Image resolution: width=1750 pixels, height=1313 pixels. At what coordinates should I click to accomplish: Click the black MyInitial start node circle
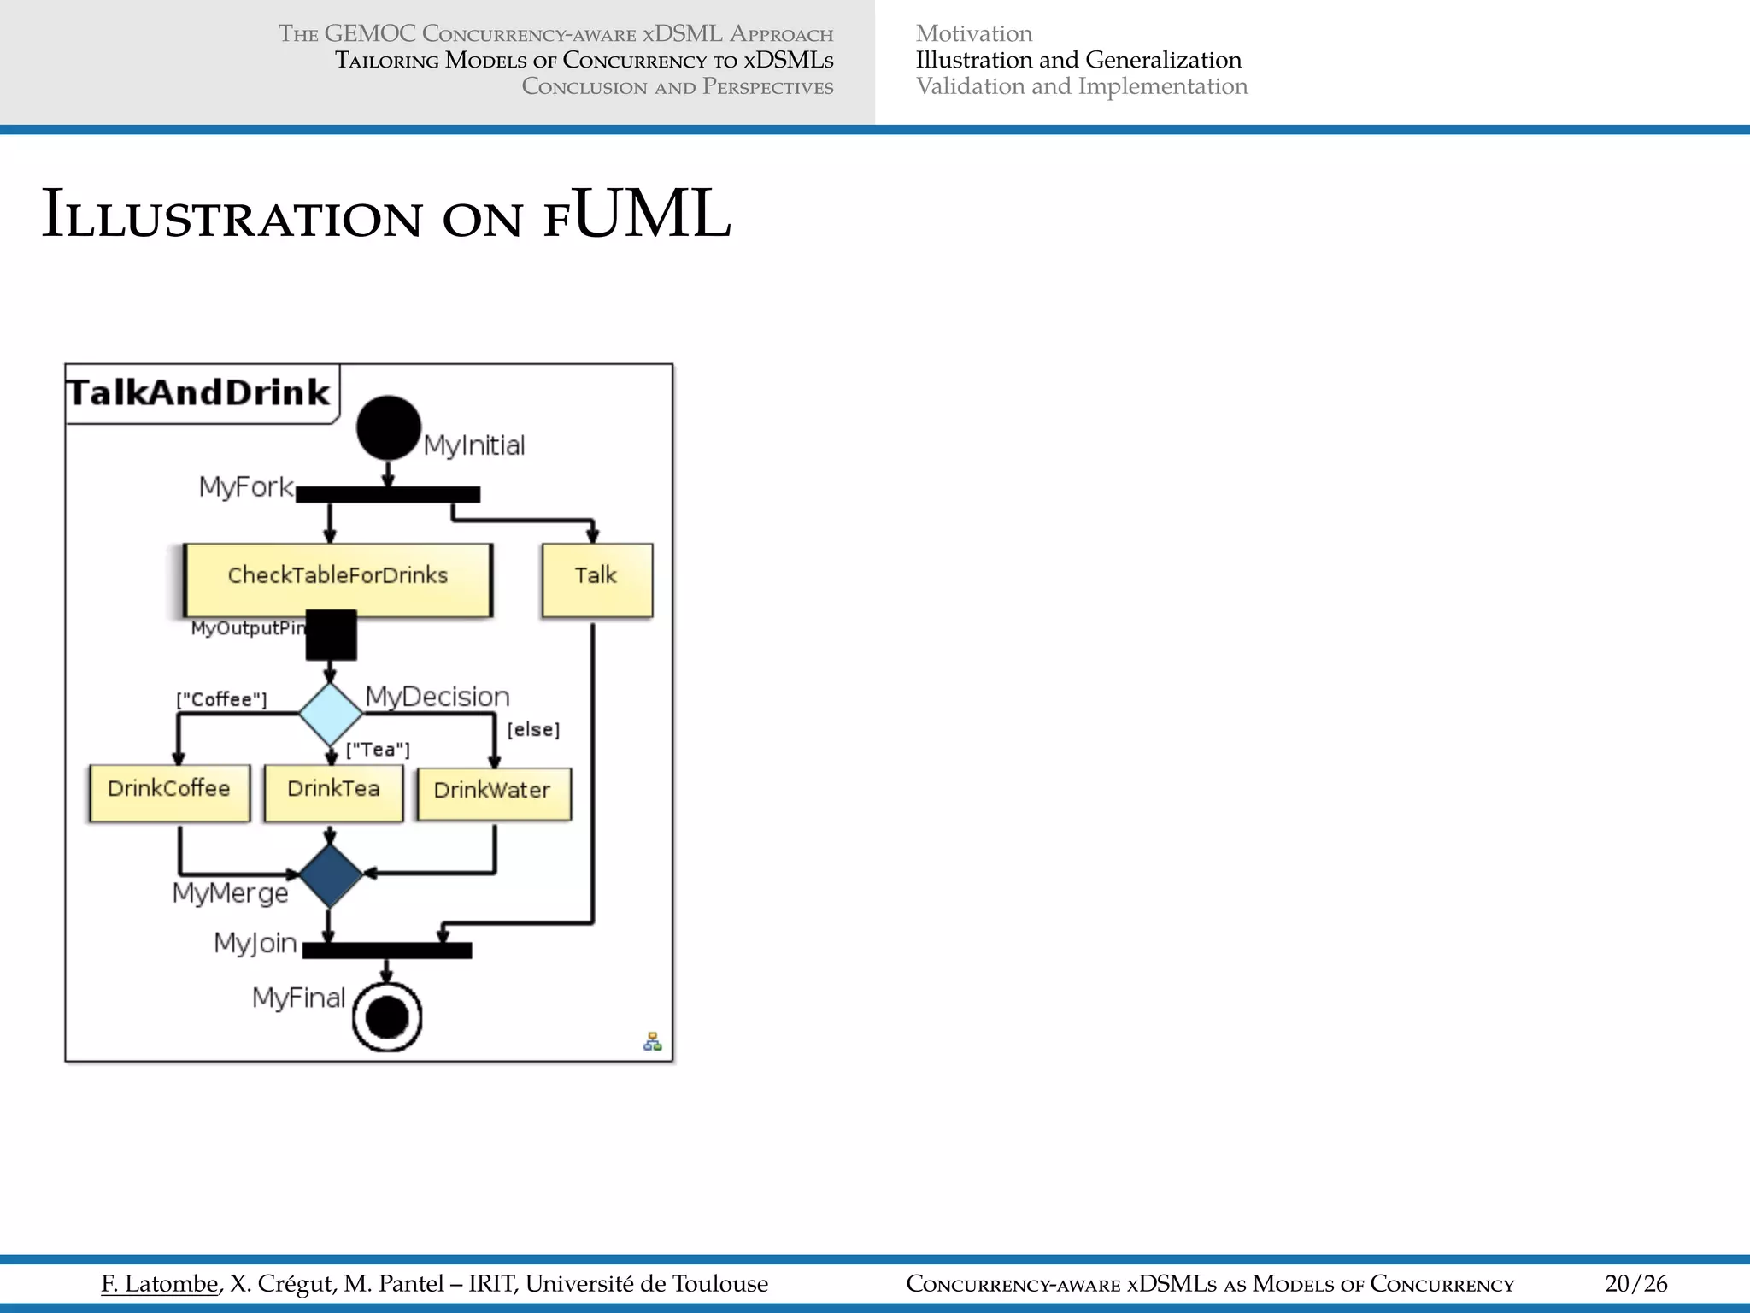[x=389, y=427]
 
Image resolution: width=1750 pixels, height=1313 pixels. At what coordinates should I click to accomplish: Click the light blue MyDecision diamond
[x=331, y=713]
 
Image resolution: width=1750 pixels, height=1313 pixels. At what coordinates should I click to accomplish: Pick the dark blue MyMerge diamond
[x=331, y=875]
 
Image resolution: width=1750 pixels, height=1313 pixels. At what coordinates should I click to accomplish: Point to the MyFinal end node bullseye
[x=387, y=1016]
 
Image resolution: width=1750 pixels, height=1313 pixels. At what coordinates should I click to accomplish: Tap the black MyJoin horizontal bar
[x=387, y=951]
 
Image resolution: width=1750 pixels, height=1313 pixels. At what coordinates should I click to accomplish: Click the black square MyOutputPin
[x=331, y=634]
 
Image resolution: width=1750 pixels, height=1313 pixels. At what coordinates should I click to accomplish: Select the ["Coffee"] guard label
[x=221, y=699]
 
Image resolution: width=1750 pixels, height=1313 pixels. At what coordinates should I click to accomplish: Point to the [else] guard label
[x=533, y=729]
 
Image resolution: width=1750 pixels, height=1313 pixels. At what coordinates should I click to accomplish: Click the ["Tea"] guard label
[x=378, y=750]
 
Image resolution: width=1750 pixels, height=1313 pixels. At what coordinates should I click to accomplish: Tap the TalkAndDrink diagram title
[x=198, y=392]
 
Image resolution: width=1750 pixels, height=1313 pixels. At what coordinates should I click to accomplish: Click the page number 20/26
[x=1635, y=1283]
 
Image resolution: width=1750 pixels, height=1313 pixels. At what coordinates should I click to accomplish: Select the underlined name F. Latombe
[x=159, y=1283]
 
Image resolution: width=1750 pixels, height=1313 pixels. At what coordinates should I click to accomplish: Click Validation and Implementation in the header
[x=1081, y=86]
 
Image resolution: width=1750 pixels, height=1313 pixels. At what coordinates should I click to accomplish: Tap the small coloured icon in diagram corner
[x=652, y=1041]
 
